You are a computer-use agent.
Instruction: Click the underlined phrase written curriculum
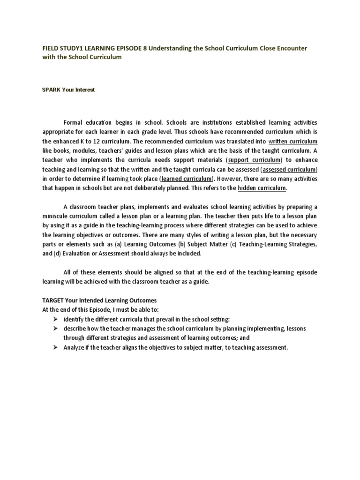coord(293,141)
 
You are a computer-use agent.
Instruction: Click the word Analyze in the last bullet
coord(75,347)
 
